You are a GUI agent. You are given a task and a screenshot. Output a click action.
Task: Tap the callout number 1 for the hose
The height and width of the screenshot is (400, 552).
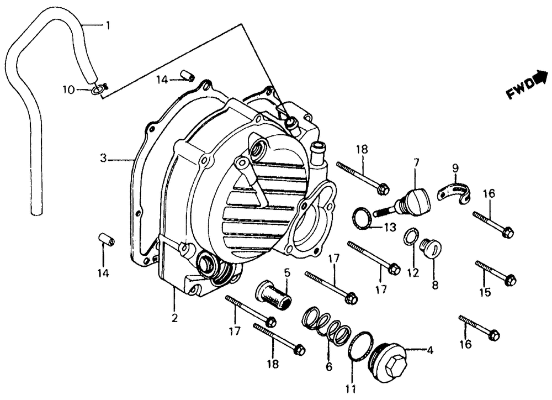tap(108, 25)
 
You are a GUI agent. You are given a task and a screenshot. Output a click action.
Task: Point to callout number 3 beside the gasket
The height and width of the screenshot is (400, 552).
tap(103, 159)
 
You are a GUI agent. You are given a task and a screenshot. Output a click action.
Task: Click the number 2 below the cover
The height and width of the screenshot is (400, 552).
tap(174, 318)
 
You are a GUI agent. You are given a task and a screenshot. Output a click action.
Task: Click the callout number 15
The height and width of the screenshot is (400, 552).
tap(485, 293)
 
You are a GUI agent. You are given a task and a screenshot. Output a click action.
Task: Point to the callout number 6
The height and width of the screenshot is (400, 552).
tap(330, 365)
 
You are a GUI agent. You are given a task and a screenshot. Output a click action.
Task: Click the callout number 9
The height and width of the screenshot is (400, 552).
tap(455, 168)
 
